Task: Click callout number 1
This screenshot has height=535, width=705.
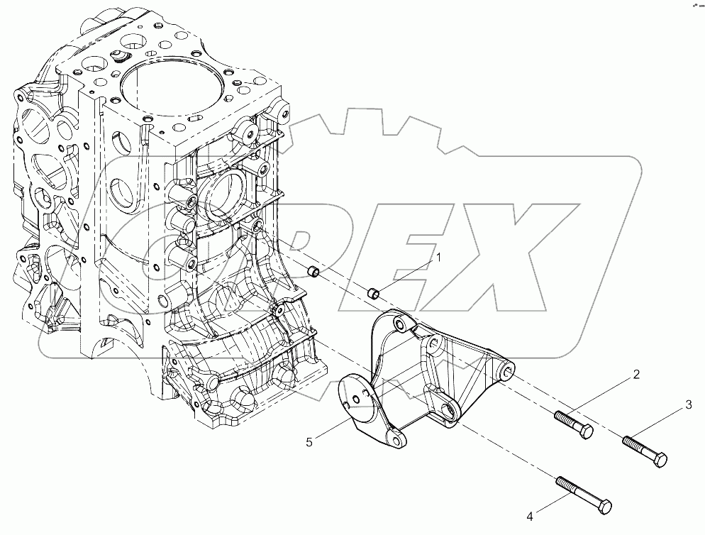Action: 438,258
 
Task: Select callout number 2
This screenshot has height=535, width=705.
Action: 637,375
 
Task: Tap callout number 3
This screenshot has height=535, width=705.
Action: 687,405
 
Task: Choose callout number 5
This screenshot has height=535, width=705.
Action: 309,442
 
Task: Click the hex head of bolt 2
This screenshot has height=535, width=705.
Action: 585,431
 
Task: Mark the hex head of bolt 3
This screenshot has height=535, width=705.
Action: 660,460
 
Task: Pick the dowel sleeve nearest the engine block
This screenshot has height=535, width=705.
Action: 312,270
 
